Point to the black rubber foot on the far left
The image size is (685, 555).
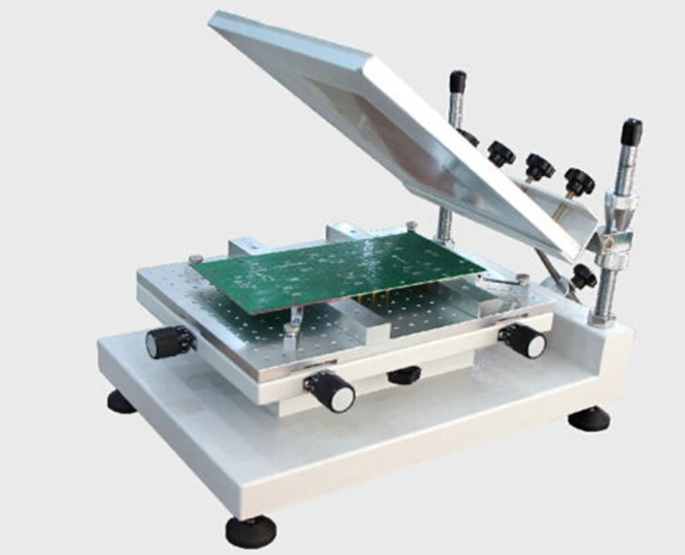coord(122,401)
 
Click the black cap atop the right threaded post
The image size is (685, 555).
coord(631,132)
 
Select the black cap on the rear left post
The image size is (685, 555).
coord(458,81)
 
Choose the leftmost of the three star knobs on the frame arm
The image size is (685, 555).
coord(501,153)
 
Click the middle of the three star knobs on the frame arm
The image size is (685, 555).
coord(539,165)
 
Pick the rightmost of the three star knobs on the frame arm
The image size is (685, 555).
coord(579,181)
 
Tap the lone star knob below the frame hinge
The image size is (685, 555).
coord(583,276)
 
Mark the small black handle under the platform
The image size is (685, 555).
coord(404,374)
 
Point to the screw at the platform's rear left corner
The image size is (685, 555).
coord(196,259)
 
